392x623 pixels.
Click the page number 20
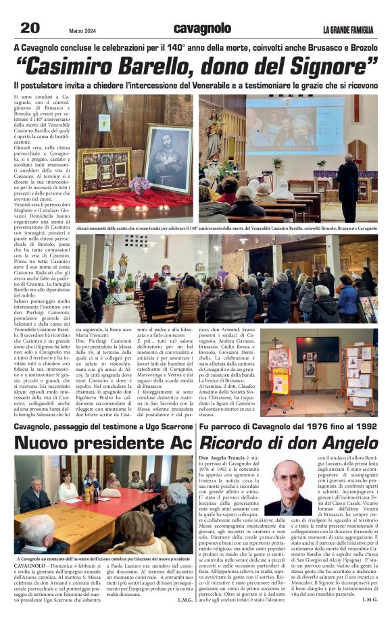coord(30,28)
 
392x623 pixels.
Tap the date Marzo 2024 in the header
coord(83,30)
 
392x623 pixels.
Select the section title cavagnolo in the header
coord(202,28)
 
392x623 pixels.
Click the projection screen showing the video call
coord(294,128)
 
